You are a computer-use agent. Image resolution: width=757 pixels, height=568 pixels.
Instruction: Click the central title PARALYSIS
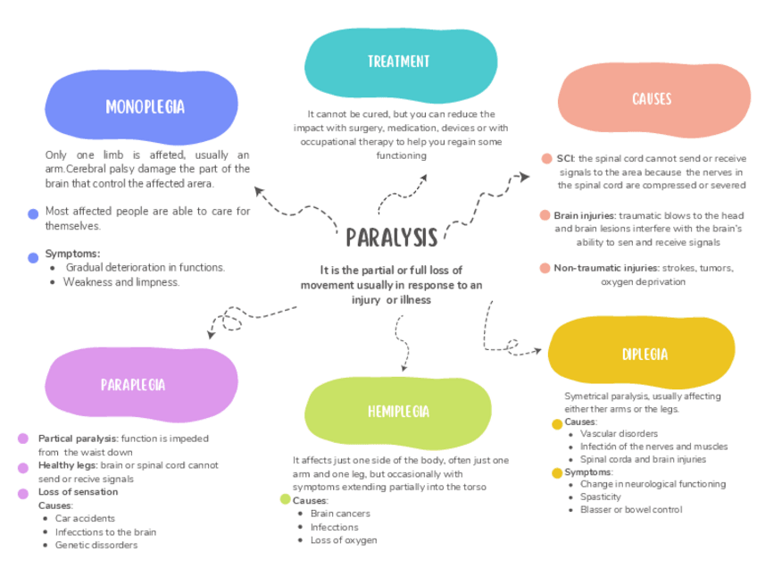pyautogui.click(x=392, y=238)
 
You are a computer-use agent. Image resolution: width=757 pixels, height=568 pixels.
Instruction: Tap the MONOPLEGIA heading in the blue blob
pyautogui.click(x=145, y=107)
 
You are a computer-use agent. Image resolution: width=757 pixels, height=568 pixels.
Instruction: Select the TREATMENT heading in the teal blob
pyautogui.click(x=398, y=62)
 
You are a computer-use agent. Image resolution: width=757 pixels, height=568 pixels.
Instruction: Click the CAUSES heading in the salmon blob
pyautogui.click(x=652, y=99)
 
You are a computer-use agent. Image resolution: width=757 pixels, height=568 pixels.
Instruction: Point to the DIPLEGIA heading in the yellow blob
pyautogui.click(x=645, y=355)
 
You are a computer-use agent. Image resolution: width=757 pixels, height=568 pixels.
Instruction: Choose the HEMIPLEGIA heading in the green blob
pyautogui.click(x=398, y=412)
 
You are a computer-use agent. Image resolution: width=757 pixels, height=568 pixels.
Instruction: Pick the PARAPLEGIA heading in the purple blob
pyautogui.click(x=133, y=385)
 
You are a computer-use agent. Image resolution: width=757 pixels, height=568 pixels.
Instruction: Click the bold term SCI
pyautogui.click(x=565, y=158)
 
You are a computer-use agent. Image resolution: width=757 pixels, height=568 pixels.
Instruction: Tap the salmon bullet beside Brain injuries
pyautogui.click(x=545, y=215)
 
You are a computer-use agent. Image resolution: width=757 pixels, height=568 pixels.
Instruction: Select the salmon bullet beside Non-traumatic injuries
pyautogui.click(x=545, y=268)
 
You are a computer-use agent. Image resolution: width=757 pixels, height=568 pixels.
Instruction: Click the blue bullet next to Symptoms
pyautogui.click(x=33, y=257)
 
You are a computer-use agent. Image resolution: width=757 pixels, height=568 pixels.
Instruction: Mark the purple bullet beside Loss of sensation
pyautogui.click(x=23, y=493)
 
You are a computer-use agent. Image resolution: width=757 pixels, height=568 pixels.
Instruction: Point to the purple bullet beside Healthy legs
pyautogui.click(x=23, y=466)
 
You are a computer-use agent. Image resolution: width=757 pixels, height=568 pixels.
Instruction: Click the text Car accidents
pyautogui.click(x=85, y=518)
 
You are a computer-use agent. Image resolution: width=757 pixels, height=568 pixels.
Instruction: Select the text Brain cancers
pyautogui.click(x=340, y=514)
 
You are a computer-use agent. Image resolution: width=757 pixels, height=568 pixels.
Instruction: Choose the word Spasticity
pyautogui.click(x=601, y=497)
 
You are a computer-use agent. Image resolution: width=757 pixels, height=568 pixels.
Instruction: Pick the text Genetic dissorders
pyautogui.click(x=96, y=545)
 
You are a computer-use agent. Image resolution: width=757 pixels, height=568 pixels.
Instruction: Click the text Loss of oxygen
pyautogui.click(x=344, y=540)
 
